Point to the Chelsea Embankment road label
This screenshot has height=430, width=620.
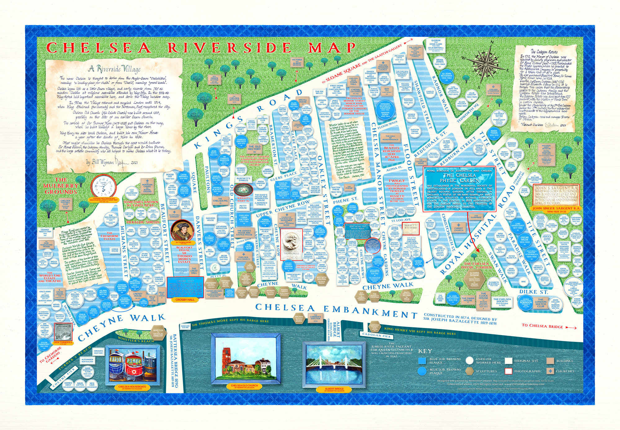334,307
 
